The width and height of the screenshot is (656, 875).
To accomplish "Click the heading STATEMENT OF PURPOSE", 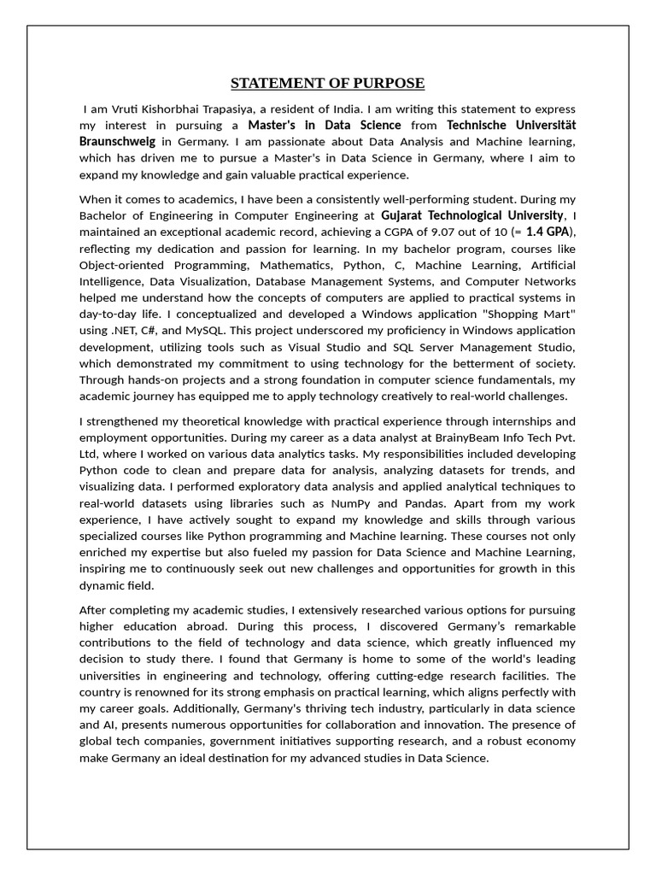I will (327, 83).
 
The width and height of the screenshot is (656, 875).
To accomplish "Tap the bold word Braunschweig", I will (117, 142).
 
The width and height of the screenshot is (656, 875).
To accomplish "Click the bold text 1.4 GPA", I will (548, 232).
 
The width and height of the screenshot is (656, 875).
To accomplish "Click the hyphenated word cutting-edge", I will (409, 675).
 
